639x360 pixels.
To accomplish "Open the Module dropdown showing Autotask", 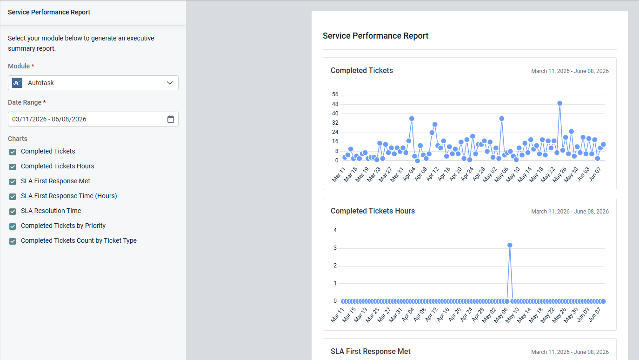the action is (x=93, y=83).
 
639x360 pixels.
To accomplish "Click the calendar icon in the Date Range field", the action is (x=171, y=119).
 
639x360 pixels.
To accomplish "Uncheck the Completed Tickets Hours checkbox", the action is (x=13, y=167).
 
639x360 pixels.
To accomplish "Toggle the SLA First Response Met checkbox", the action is (x=13, y=181).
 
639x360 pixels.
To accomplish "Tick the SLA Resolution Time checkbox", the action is (x=13, y=211).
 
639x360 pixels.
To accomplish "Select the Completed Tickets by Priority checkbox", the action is (x=13, y=226).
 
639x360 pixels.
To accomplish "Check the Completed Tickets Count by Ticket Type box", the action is (x=13, y=241).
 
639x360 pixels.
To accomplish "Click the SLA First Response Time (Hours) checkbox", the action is (x=13, y=196).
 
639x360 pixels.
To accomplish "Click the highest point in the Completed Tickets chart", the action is (x=559, y=103).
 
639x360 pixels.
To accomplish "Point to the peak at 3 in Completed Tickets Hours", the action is (x=510, y=245).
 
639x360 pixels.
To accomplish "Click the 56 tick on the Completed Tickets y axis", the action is (x=335, y=94).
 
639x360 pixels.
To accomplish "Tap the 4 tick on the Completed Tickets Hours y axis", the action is (x=335, y=230).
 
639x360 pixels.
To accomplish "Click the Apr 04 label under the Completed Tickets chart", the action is (x=409, y=174).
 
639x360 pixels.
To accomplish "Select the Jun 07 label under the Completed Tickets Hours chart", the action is (x=595, y=314).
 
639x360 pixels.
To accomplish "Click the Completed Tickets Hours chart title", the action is (x=373, y=211).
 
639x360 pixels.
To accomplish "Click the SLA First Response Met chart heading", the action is (x=370, y=352).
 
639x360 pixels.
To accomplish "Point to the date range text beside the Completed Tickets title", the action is (x=570, y=71).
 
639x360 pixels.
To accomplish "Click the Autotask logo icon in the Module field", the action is (x=17, y=83).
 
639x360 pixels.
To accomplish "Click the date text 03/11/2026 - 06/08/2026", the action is (x=49, y=119).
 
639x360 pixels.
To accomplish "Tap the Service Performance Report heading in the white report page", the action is (x=375, y=36).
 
